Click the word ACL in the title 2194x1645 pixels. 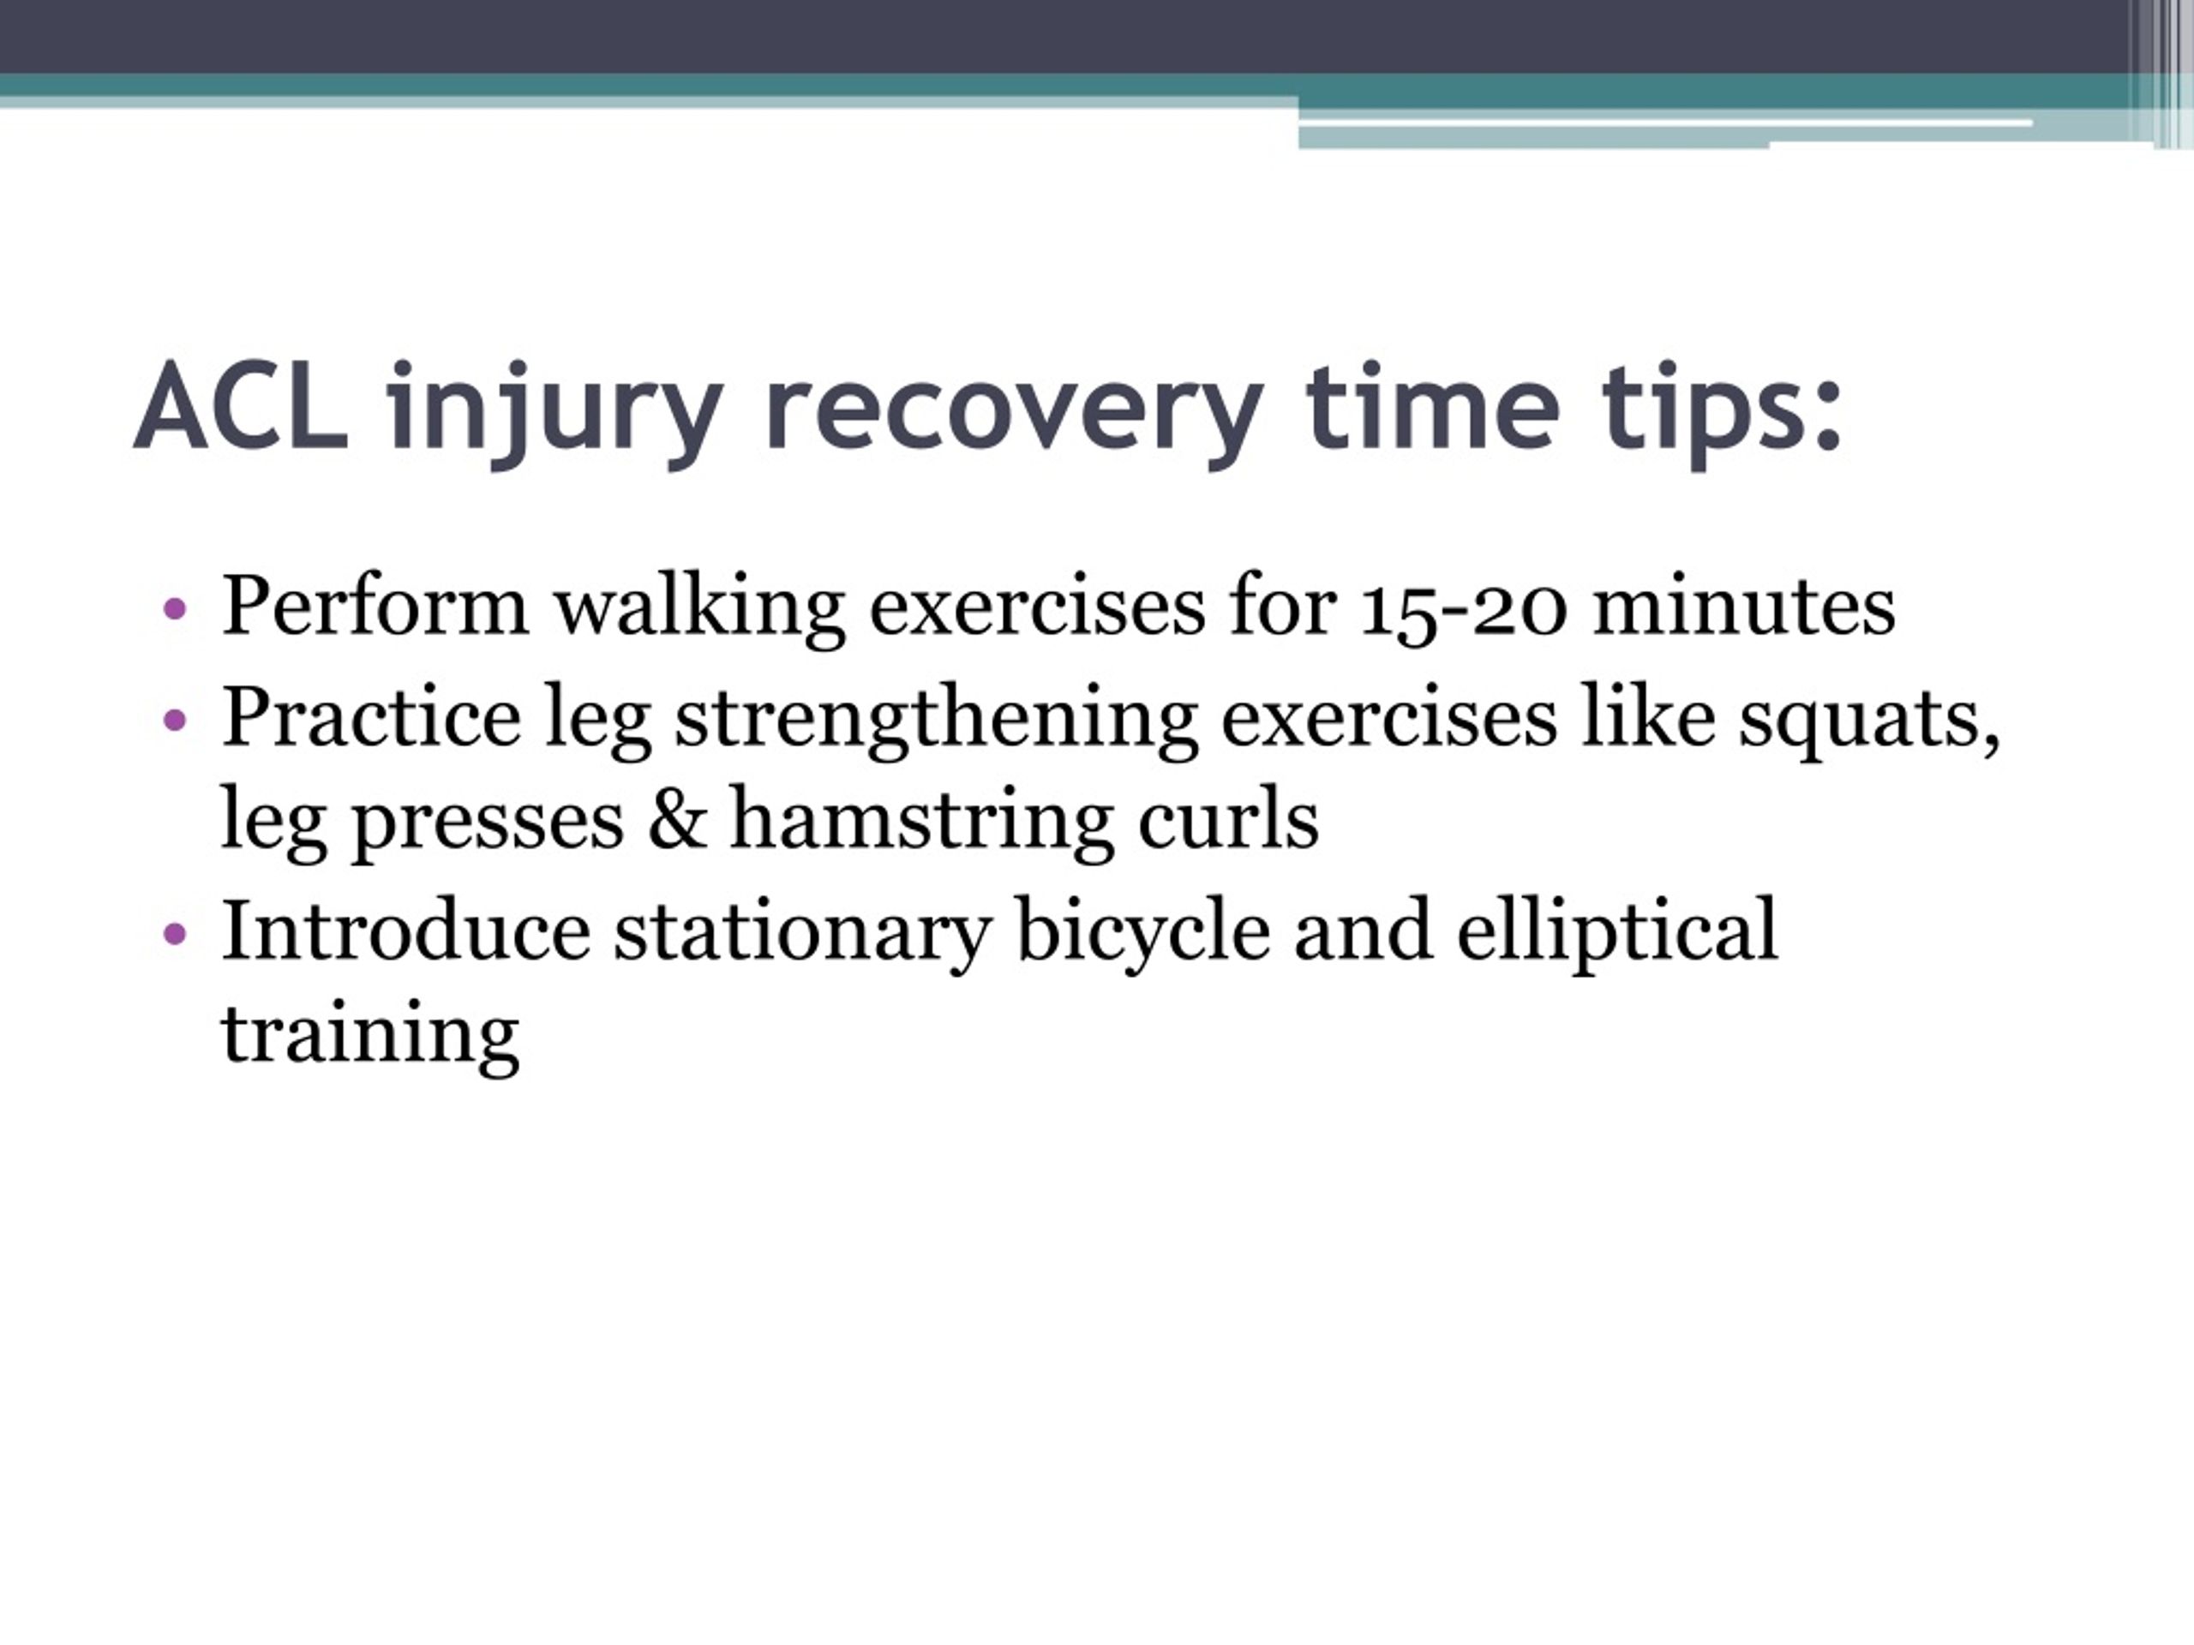coord(241,407)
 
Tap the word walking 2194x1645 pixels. coord(698,609)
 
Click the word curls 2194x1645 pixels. coord(1228,818)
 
